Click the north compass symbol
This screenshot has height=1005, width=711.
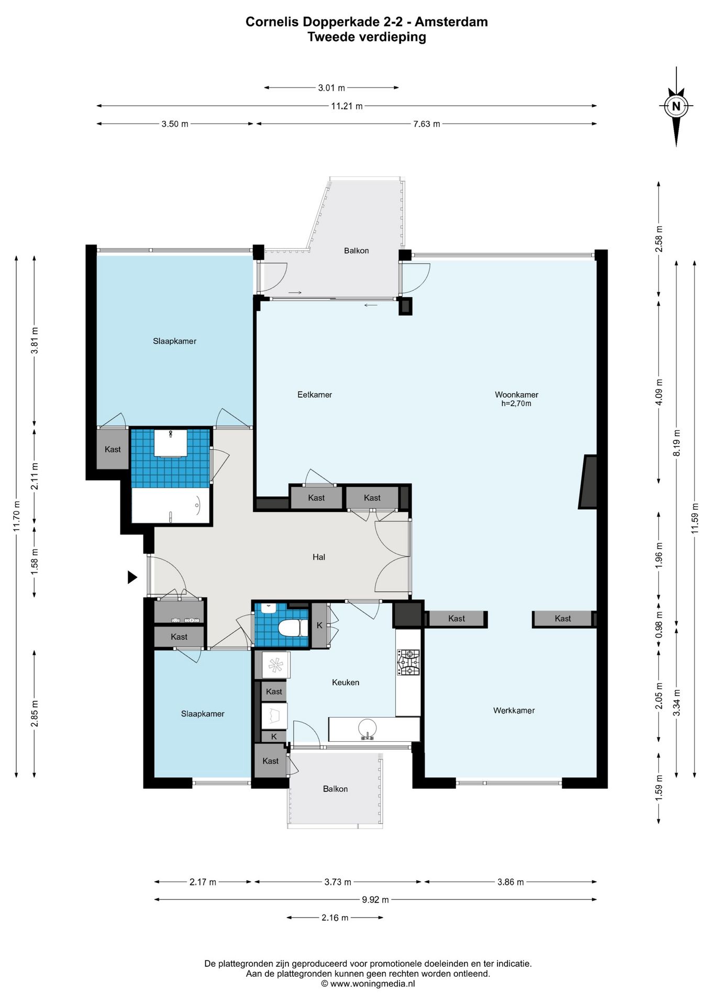[676, 106]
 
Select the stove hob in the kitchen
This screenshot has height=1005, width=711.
[408, 662]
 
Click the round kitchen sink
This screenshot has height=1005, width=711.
[367, 728]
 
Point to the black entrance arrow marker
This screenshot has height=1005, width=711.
[132, 577]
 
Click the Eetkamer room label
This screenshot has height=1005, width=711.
[315, 395]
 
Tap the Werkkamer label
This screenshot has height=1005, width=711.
[514, 710]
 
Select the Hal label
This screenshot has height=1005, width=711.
[319, 557]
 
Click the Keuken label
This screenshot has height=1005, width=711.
[346, 682]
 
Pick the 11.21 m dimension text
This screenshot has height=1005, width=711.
[347, 106]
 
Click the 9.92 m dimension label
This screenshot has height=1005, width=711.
[375, 899]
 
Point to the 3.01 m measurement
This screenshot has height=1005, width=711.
[331, 87]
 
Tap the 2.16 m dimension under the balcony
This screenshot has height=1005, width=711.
[335, 917]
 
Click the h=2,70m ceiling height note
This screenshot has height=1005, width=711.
[516, 404]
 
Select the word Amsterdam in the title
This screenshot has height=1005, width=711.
[451, 22]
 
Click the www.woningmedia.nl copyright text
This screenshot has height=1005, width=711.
[368, 984]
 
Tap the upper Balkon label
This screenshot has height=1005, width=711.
[357, 251]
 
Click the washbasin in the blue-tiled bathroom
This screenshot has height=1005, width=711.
[171, 443]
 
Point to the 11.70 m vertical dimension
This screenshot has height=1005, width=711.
[16, 516]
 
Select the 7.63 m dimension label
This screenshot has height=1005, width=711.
[427, 124]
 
